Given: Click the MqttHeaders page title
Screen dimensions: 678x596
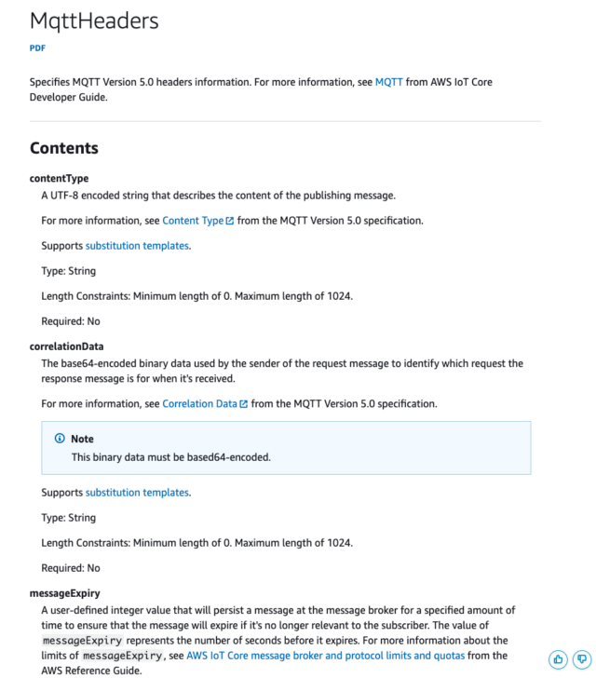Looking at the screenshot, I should tap(94, 20).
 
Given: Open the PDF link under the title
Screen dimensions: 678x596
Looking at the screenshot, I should tap(37, 48).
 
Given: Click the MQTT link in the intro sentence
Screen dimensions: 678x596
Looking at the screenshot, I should tap(388, 82).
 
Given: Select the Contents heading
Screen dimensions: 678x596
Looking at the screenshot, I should tap(64, 148).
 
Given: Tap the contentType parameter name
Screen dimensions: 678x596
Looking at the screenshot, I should tap(60, 178).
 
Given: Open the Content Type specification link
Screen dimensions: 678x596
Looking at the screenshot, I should tap(193, 221).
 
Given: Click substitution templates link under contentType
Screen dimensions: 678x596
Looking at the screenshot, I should tap(137, 246).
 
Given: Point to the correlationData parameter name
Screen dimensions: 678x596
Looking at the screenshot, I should tap(67, 346).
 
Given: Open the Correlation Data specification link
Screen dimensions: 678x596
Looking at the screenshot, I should tap(199, 404).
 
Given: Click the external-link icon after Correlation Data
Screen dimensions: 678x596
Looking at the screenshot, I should tap(244, 404).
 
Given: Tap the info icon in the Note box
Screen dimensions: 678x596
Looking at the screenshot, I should tap(60, 439).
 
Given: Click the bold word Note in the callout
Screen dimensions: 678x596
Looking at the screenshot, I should tap(83, 439).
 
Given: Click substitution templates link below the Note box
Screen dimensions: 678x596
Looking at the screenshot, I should tap(137, 493).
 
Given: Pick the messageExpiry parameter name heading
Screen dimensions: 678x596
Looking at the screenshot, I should tap(65, 592).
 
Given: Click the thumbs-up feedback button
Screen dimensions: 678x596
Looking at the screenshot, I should tap(559, 659).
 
